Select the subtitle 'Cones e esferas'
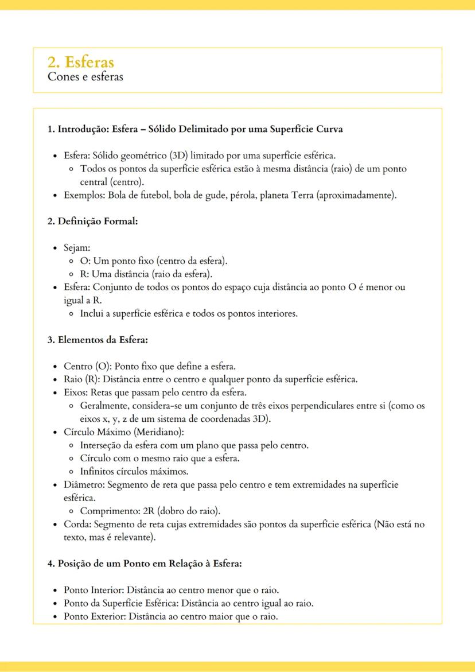pyautogui.click(x=85, y=77)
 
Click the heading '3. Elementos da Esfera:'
pyautogui.click(x=98, y=340)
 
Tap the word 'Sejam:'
pyautogui.click(x=77, y=248)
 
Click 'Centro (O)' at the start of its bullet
pyautogui.click(x=85, y=366)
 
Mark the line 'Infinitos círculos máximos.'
pyautogui.click(x=134, y=472)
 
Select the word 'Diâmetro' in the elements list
pyautogui.click(x=84, y=485)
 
